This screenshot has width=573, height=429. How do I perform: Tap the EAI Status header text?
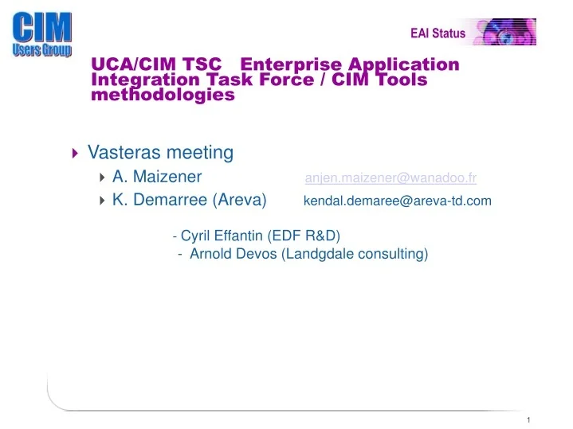click(438, 33)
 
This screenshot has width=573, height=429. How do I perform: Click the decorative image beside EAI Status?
click(505, 32)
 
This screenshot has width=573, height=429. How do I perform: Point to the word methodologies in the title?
click(163, 95)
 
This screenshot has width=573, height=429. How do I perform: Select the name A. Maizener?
click(157, 177)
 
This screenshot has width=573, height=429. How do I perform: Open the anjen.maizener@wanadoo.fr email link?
click(391, 177)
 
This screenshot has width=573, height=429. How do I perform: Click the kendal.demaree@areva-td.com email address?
click(398, 201)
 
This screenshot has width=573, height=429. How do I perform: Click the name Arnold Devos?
click(234, 254)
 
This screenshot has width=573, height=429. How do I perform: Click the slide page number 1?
click(528, 419)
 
